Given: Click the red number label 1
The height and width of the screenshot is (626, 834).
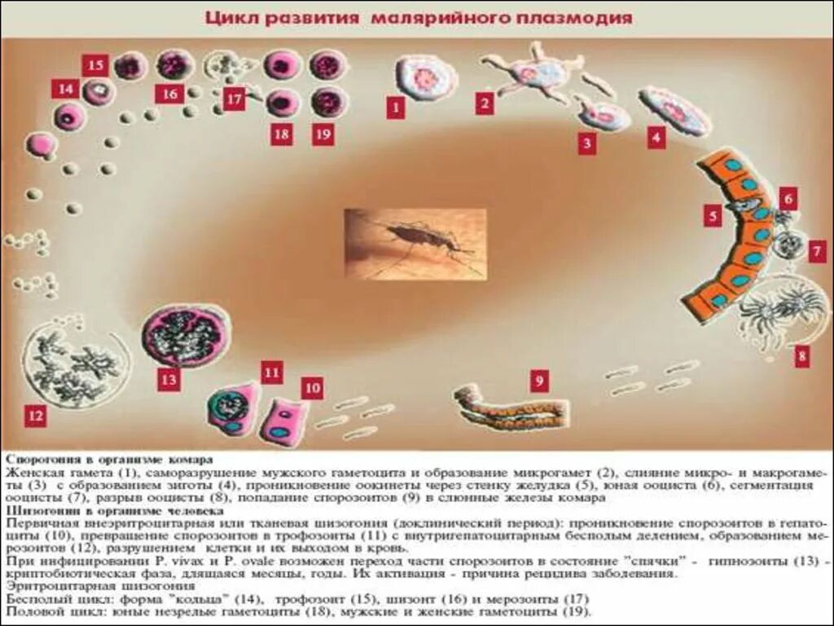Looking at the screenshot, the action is pos(395,108).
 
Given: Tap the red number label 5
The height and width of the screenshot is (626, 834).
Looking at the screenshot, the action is pos(713,215).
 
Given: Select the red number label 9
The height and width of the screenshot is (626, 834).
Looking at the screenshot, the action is pos(539,380).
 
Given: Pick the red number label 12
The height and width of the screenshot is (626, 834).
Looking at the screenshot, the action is pos(35,417).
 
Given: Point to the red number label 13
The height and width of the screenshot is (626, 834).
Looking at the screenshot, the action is pos(169,379).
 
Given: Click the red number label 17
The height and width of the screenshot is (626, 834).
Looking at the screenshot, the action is pos(235,99).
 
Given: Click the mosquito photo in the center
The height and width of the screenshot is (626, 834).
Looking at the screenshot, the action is pos(415,244).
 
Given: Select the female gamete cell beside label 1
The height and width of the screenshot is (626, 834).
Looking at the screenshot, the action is pos(426,78).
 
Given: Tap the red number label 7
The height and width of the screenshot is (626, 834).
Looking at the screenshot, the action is pos(818,251).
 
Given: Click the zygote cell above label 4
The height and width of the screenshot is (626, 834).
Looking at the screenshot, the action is pos(674,111).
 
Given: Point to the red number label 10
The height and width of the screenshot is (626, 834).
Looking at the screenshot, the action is pos(312,388).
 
